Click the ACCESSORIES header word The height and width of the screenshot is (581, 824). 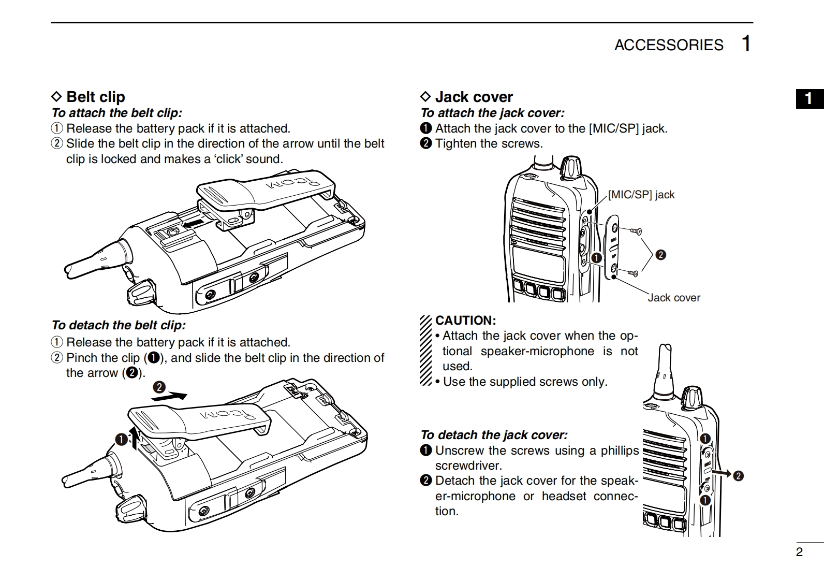click(668, 45)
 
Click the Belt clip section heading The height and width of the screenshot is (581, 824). click(95, 97)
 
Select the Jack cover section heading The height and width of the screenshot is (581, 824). click(474, 97)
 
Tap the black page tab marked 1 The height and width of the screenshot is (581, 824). click(809, 98)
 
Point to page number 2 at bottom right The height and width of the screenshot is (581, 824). click(799, 552)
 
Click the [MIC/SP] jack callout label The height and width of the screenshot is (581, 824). click(641, 195)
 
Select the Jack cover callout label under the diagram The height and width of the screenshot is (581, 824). click(673, 298)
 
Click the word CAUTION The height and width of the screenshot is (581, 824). click(466, 321)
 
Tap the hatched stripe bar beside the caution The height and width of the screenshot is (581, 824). click(425, 351)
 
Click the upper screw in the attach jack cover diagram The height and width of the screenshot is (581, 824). click(636, 230)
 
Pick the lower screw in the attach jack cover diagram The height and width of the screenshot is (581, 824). click(632, 273)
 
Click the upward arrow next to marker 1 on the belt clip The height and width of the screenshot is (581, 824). click(135, 438)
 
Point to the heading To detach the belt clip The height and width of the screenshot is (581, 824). click(118, 325)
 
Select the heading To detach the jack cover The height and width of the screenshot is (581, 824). click(494, 435)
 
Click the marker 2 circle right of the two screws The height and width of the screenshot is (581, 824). click(660, 255)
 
